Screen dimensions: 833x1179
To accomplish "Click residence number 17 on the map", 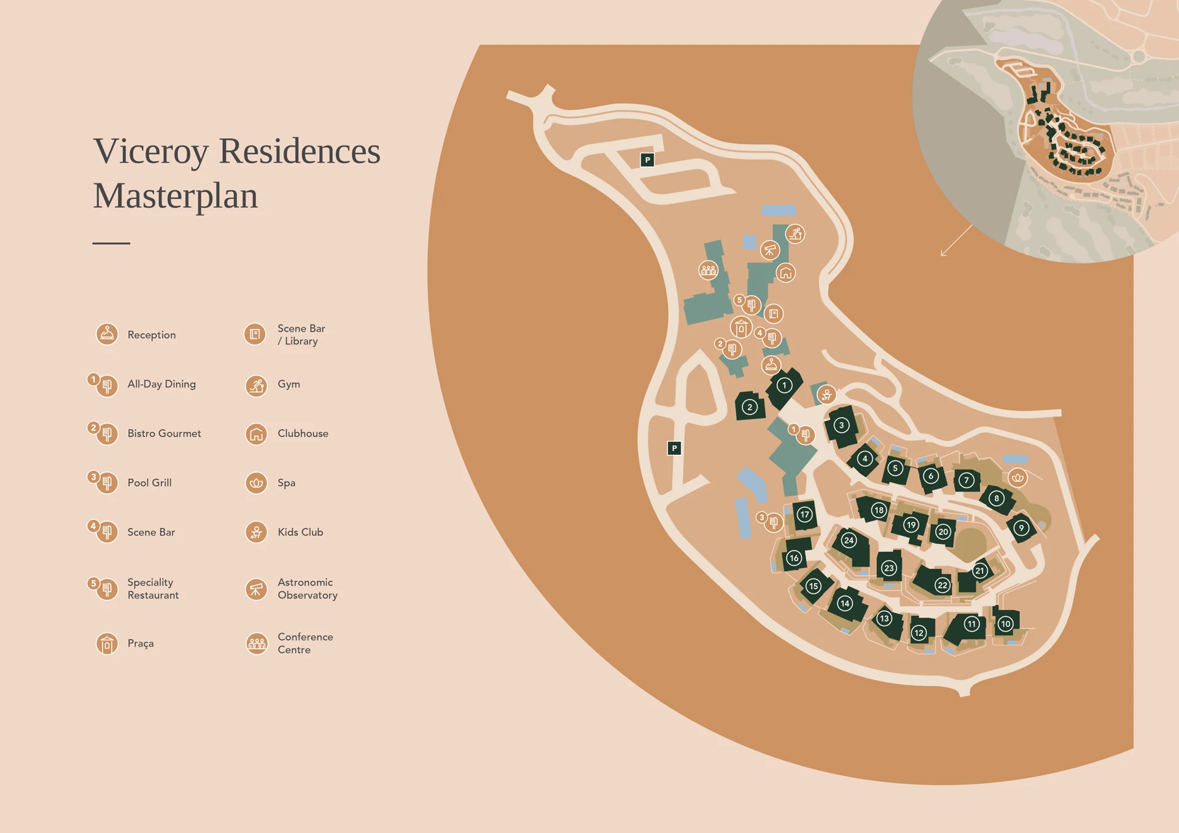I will (x=804, y=514).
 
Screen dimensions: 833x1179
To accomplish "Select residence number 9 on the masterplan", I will (x=1021, y=528).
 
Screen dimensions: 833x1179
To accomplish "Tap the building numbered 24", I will (x=849, y=540).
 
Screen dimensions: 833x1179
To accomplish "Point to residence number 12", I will (x=919, y=633).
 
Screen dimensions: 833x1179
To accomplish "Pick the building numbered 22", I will (x=942, y=585).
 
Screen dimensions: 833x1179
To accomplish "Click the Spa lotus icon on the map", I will (x=1018, y=478).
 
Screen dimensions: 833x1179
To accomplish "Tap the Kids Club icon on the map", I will (x=827, y=395).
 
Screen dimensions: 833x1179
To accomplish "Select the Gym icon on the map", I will (x=795, y=234).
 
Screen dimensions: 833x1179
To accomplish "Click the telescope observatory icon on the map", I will (x=770, y=250).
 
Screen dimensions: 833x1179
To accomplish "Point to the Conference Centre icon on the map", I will (x=709, y=269).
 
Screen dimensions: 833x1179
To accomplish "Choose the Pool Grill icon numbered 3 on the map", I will (x=773, y=522).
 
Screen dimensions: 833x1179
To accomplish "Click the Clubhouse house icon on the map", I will (x=786, y=273).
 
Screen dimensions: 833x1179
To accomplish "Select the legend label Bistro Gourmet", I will (x=164, y=433).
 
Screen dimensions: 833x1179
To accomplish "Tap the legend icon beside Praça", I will (x=107, y=643).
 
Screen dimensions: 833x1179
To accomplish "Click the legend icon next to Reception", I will (x=107, y=335).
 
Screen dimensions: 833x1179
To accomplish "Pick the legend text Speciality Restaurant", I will (x=153, y=589).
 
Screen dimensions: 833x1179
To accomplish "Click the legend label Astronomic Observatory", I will (x=307, y=589).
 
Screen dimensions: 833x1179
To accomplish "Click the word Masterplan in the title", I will (x=176, y=196).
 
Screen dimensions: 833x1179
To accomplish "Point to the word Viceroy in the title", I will (x=151, y=151).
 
